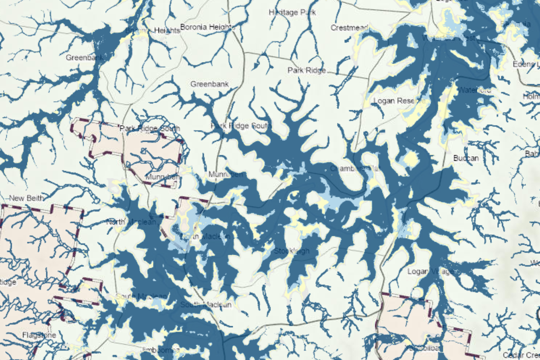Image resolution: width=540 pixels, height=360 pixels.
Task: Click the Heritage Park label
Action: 292,12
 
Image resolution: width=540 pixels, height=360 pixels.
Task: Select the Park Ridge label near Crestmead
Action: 306,70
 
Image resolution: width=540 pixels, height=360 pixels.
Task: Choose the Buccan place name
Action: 466,158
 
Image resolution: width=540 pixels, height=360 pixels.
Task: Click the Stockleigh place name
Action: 292,251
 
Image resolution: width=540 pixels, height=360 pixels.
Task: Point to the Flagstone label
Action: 39,335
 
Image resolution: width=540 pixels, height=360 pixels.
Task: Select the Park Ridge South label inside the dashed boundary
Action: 149,129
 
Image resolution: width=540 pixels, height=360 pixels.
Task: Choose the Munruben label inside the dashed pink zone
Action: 162,177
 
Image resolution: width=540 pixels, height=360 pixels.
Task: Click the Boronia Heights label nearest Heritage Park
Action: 207,27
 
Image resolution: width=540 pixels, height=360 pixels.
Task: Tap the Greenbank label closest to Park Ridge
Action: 209,84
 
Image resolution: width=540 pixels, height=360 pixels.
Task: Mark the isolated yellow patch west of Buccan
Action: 410,158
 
